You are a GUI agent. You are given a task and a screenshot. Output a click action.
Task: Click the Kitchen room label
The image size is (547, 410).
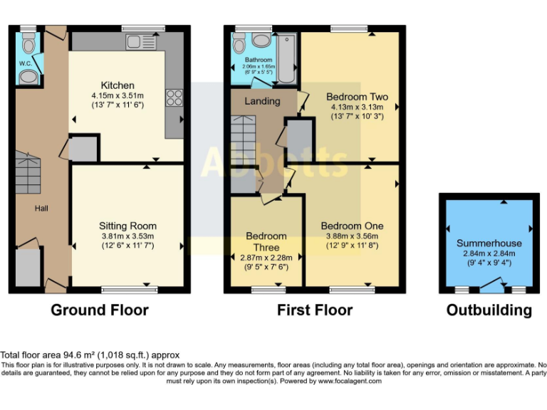tap(117, 85)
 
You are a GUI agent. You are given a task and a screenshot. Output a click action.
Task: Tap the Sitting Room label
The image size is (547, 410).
tap(127, 226)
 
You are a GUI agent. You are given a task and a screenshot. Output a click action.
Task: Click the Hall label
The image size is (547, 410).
tap(42, 208)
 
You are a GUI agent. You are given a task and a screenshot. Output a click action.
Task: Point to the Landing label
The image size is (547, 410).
tap(262, 101)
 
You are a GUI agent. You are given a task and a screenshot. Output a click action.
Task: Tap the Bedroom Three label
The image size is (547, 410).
tap(266, 242)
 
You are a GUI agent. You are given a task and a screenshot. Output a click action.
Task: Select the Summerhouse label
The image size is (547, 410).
tap(489, 243)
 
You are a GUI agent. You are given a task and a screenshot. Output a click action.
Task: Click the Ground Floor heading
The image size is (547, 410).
tap(100, 310)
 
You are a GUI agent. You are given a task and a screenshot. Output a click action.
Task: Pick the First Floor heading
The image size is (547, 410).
tap(315, 310)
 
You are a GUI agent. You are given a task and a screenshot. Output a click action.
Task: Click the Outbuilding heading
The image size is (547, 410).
tap(489, 310)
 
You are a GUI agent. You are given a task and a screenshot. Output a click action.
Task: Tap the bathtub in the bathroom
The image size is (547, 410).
tap(287, 58)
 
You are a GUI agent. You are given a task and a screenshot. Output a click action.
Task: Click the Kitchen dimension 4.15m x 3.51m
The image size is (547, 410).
tap(117, 95)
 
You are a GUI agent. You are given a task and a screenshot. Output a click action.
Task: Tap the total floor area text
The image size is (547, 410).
tap(90, 354)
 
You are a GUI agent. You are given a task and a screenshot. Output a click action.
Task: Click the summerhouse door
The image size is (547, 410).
tap(489, 287)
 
